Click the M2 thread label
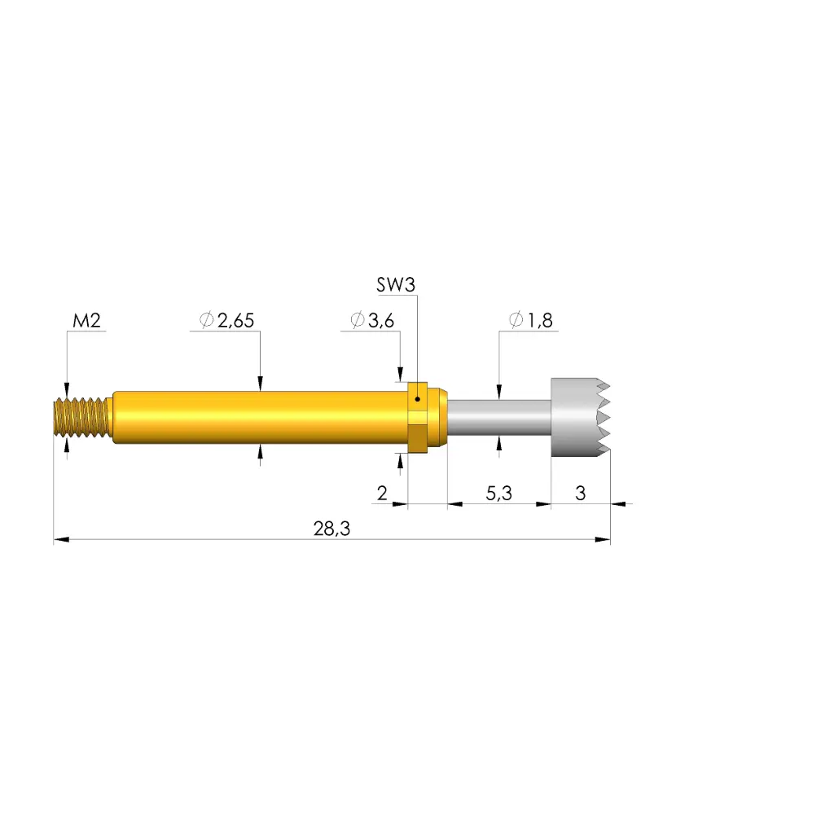coord(86,320)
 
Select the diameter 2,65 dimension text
coord(226,320)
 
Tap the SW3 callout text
coord(396,284)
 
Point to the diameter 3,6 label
coord(372,320)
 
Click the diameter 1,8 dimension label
coord(531,319)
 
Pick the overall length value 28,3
coord(332,528)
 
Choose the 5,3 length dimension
coord(499,493)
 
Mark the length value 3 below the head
coord(580,493)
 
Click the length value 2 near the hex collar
coord(382,493)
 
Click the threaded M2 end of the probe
coord(82,418)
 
